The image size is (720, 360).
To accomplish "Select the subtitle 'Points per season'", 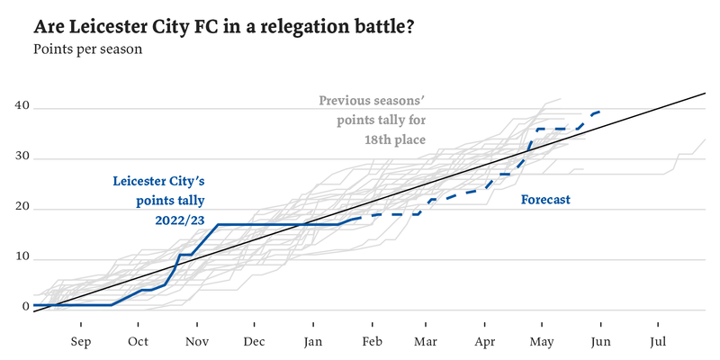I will (x=88, y=49).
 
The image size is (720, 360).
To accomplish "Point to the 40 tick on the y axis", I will (x=22, y=107).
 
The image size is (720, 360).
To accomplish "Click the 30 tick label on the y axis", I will (x=22, y=158).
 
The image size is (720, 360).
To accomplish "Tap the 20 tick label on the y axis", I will (x=22, y=209).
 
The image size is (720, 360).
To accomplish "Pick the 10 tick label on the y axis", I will (x=22, y=258).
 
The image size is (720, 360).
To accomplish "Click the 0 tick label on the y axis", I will (x=26, y=307).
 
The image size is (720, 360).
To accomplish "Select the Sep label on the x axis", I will (x=80, y=342).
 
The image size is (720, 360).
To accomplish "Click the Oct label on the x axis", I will (x=138, y=342).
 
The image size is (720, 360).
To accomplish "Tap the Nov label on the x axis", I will (x=196, y=342).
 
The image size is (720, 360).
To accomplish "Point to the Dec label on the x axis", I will (x=254, y=342).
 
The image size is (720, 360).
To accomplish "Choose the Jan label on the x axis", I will (x=312, y=342).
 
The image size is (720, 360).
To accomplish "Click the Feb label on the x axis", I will (x=370, y=342).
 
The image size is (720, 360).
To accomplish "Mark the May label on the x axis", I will (x=542, y=342).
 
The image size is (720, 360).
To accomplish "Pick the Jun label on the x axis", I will (x=600, y=342).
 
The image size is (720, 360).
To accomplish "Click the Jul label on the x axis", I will (x=658, y=342).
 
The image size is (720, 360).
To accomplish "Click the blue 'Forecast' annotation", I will (x=545, y=200).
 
